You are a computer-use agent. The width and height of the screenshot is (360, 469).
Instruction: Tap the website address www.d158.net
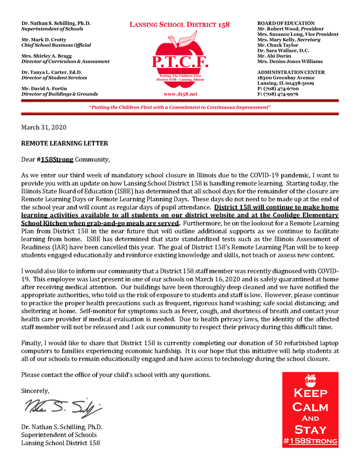180,94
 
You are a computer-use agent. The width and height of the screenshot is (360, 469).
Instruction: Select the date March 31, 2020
44,128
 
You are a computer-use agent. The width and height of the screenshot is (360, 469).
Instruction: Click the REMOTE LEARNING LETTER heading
65,143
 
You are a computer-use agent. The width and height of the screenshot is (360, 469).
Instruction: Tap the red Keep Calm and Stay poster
310,410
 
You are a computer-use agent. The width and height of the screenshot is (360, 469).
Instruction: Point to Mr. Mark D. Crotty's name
44,40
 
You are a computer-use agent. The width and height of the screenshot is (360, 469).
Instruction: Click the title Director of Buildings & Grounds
60,94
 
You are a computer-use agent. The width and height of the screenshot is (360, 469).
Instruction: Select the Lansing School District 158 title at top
180,25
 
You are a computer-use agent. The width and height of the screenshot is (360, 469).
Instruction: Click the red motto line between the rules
180,107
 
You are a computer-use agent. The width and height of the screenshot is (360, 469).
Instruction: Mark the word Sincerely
35,390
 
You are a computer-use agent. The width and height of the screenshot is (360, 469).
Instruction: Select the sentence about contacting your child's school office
116,375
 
